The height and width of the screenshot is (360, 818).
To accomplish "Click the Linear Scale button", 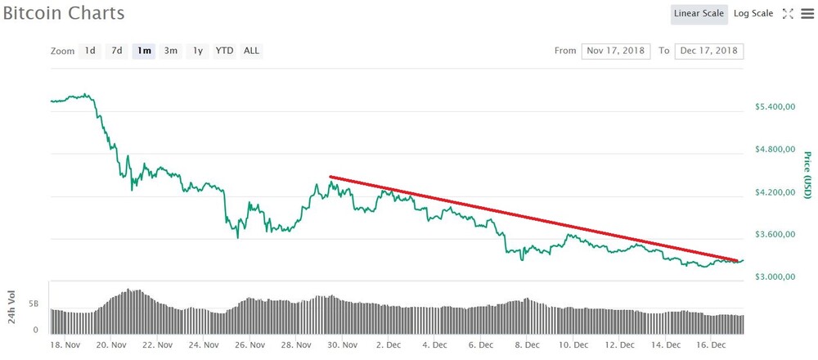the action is coord(699,14).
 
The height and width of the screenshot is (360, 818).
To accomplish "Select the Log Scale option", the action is coord(753,14).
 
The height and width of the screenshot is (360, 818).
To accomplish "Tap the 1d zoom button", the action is coord(90,51).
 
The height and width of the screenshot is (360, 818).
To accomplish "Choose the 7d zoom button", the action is coord(117,51).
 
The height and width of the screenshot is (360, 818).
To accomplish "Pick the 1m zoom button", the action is coord(144,51).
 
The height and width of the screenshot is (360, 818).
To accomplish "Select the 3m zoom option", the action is coord(171,51).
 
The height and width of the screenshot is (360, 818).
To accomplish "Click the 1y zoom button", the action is coord(198,51).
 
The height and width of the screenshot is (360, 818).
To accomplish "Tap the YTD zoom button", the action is coord(225,51).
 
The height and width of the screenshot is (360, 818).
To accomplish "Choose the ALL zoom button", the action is coord(251,51).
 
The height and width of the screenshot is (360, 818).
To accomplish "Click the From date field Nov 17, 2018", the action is coord(616,51).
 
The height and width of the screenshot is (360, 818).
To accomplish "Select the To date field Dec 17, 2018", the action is coord(709,51).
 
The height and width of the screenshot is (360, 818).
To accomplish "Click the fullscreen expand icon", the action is coord(788,14).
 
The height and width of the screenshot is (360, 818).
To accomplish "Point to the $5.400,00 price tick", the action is coord(775,107).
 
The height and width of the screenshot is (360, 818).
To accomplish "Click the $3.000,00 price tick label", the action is coord(775,277).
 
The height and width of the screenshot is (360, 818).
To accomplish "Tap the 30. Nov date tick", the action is coord(342,345).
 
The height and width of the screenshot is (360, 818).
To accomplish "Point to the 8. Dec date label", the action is coord(525,345).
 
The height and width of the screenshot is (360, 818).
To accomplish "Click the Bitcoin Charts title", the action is coord(64,13).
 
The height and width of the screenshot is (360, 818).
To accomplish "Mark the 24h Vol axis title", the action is coord(11,307).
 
